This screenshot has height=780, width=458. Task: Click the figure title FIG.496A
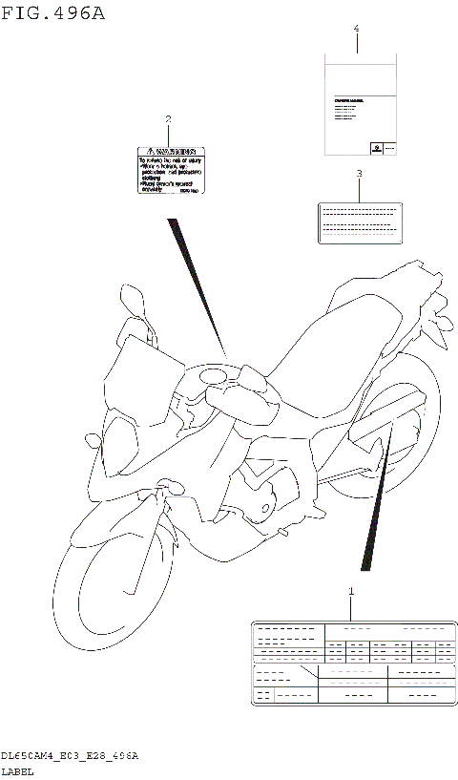pyautogui.click(x=53, y=12)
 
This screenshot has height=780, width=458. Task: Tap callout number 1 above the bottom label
pyautogui.click(x=350, y=592)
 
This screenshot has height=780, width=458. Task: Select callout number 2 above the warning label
pyautogui.click(x=168, y=119)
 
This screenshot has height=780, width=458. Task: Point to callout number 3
pyautogui.click(x=359, y=174)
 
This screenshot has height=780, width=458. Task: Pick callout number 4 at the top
pyautogui.click(x=356, y=30)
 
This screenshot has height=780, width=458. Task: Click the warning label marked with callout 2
pyautogui.click(x=168, y=171)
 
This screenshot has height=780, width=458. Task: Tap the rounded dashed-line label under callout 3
pyautogui.click(x=358, y=221)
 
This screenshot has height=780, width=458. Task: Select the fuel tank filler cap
pyautogui.click(x=217, y=377)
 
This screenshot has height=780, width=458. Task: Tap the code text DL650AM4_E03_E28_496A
pyautogui.click(x=70, y=755)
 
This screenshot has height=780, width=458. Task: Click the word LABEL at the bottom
pyautogui.click(x=17, y=770)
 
